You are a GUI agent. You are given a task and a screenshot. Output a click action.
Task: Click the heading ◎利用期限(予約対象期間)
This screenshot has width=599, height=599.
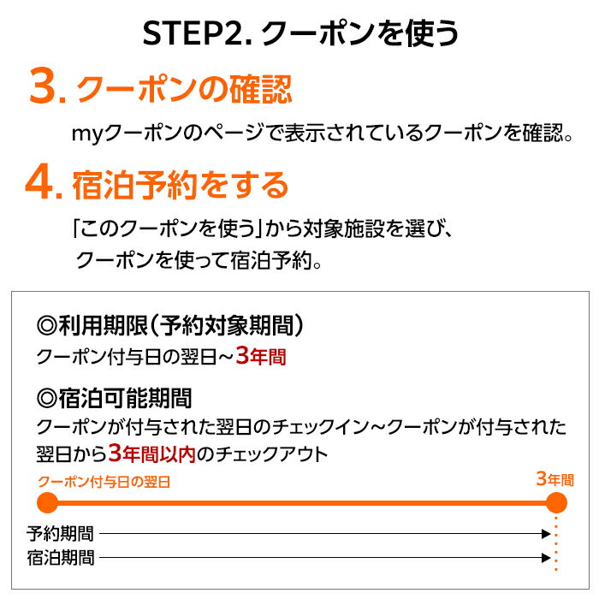click(x=171, y=326)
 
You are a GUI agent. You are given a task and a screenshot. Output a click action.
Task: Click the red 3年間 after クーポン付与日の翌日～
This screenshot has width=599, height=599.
click(x=260, y=356)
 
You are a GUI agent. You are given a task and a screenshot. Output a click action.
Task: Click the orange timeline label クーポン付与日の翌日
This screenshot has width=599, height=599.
click(x=104, y=482)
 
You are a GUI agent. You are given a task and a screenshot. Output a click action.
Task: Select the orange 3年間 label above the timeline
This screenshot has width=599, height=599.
click(x=555, y=479)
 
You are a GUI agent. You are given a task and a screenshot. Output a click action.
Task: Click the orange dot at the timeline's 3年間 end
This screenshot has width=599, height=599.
click(x=556, y=503)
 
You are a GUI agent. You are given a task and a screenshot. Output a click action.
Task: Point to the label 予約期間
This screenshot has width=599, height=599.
click(x=60, y=534)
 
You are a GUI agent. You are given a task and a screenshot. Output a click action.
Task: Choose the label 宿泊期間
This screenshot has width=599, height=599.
click(x=60, y=558)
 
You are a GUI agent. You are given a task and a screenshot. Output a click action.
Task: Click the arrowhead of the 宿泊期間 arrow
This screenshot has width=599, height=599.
click(x=545, y=558)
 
